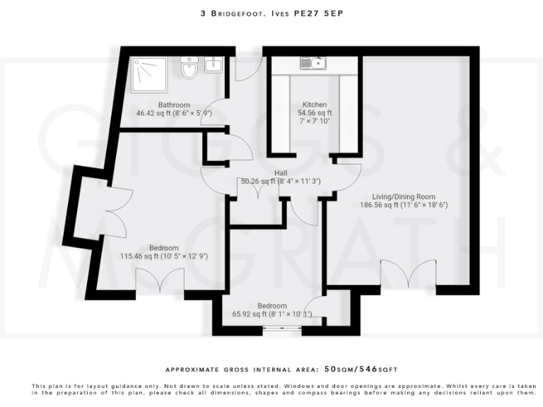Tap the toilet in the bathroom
[189, 69]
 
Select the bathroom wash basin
[214, 66]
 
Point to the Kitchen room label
[315, 104]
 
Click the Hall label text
[281, 172]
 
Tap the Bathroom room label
[173, 105]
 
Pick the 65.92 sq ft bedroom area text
[272, 314]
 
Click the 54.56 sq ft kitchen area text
[315, 112]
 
